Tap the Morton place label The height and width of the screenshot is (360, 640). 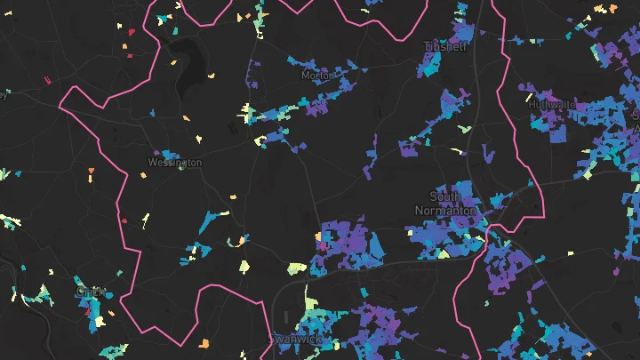(x=316, y=76)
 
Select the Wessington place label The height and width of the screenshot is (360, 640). (x=174, y=163)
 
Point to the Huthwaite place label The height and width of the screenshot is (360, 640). (x=550, y=103)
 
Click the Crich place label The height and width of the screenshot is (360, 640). (x=91, y=291)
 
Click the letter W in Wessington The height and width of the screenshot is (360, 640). (x=151, y=163)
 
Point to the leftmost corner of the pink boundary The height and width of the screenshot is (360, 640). (x=60, y=106)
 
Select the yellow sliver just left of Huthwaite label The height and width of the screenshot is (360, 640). (x=529, y=97)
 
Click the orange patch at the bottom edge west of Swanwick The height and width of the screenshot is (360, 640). (x=204, y=343)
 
